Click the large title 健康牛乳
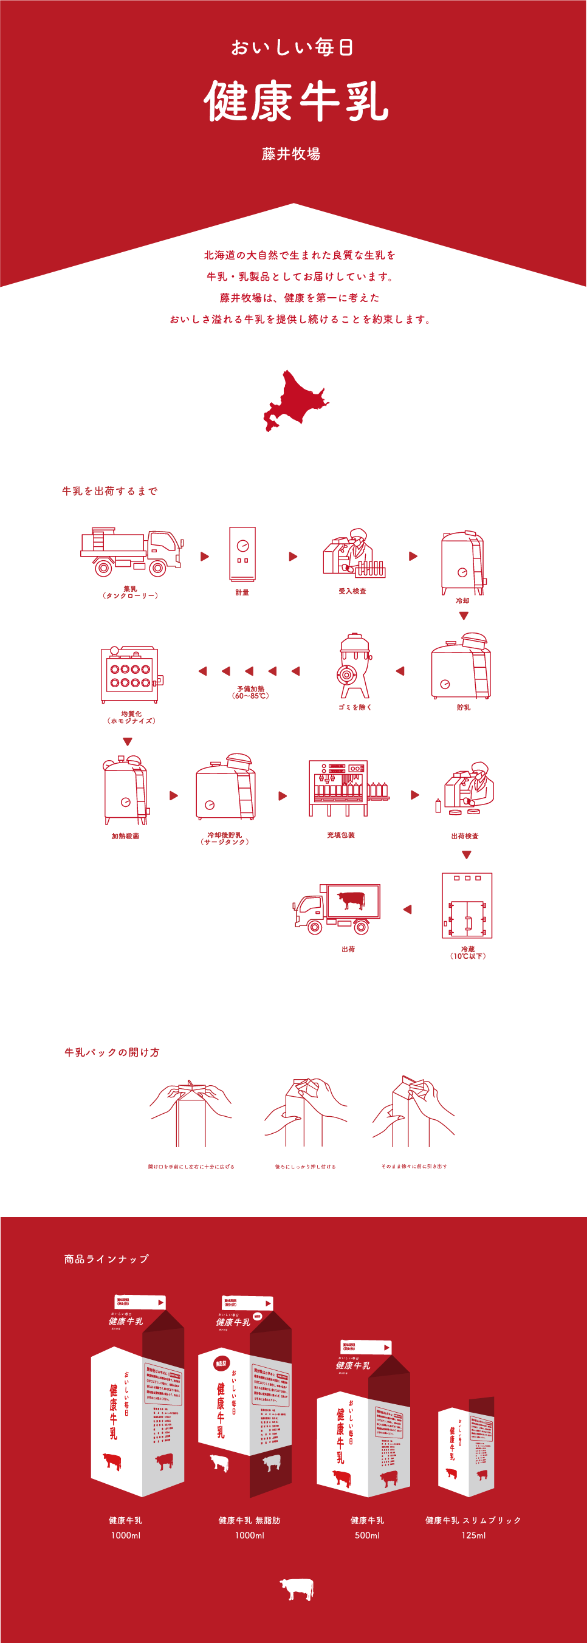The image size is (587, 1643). [296, 101]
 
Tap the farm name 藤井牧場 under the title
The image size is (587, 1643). [291, 154]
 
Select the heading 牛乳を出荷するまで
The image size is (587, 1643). [110, 491]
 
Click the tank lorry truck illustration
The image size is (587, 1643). [131, 552]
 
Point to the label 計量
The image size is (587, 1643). [242, 592]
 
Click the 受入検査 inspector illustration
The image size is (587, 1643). [353, 554]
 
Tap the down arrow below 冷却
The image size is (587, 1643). [464, 616]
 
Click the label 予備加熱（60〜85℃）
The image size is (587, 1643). [251, 692]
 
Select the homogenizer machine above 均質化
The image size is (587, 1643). [130, 674]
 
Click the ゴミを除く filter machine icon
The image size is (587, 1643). [355, 667]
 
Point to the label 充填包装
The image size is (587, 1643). [341, 835]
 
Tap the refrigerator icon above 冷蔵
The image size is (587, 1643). [467, 906]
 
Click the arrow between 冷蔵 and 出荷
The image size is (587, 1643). [407, 910]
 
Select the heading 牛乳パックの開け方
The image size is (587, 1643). [112, 1052]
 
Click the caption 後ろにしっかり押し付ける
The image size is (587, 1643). [305, 1167]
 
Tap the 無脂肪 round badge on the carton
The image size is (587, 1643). [221, 1364]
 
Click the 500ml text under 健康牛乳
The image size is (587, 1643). [367, 1535]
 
